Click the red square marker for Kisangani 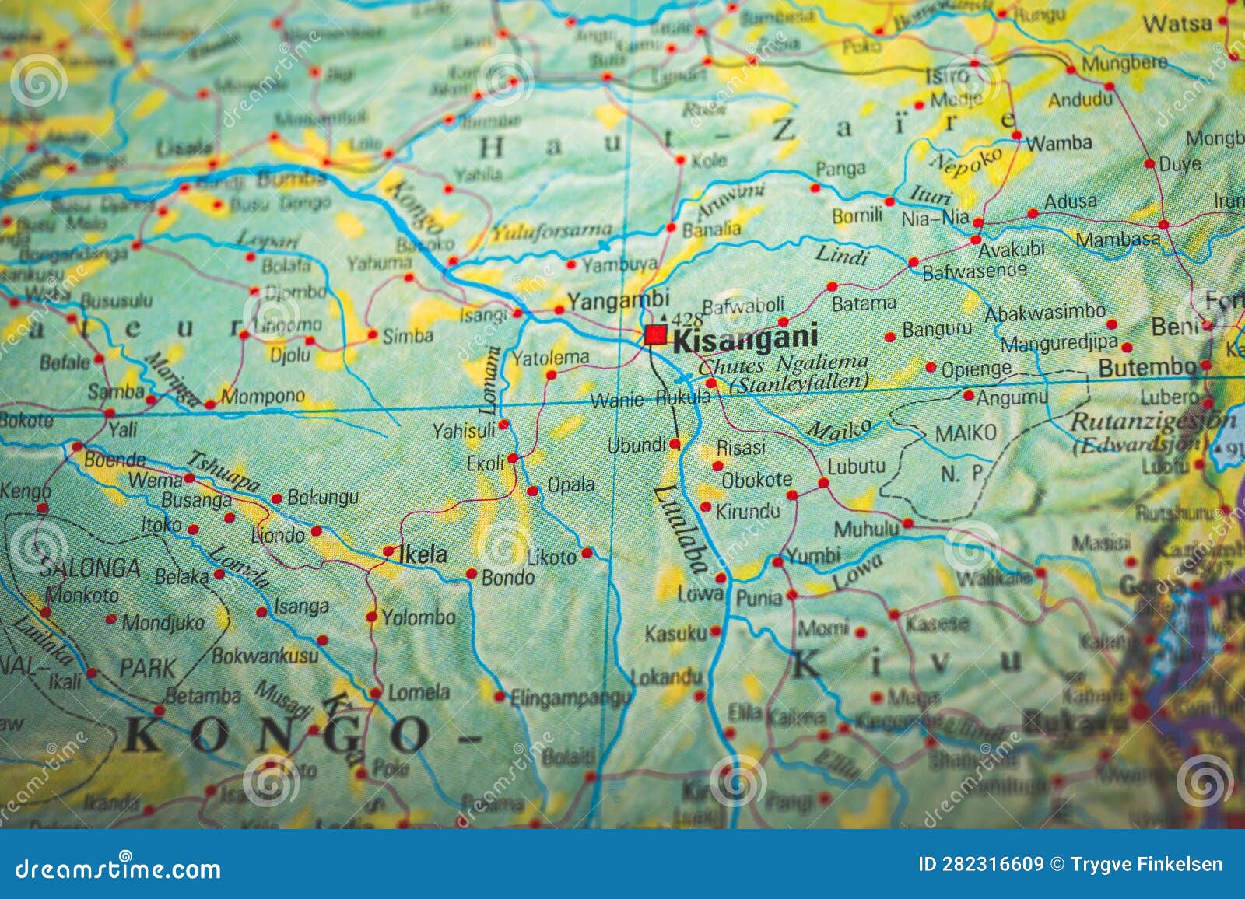coord(655,335)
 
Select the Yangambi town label coord(618,299)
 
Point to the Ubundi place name coord(637,445)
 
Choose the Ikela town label coord(423,554)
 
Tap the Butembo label coord(1147,367)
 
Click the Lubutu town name coord(856,467)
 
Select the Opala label coord(571,484)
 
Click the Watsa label coord(1177,24)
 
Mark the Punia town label coord(759,597)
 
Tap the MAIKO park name coord(965,433)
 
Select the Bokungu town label coord(323,497)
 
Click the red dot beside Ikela coord(388,551)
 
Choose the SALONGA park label coord(89,568)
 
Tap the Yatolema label coord(549,359)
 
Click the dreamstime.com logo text coord(118,868)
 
